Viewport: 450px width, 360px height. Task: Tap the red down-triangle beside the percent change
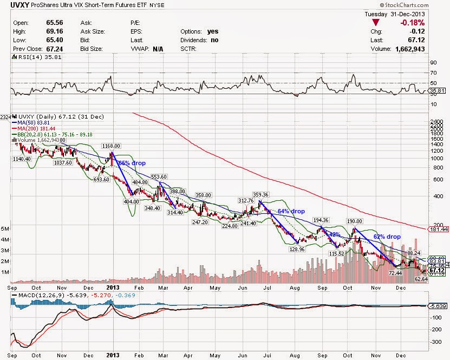375,23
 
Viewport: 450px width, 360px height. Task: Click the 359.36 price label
260,195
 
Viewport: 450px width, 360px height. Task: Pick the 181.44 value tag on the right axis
436,230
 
